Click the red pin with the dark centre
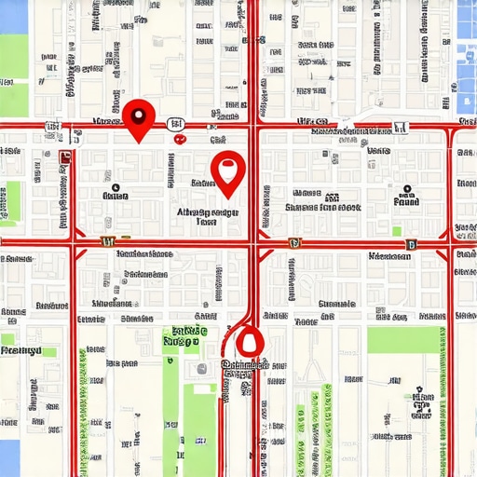point(139,116)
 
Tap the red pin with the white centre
point(227,170)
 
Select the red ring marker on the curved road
point(247,342)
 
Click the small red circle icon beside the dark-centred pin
point(178,138)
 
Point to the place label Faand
point(405,200)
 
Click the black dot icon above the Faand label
point(406,186)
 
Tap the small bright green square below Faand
point(397,231)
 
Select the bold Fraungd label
point(20,351)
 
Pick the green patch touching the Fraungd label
point(7,340)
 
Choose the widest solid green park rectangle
point(402,339)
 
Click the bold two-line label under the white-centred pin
point(207,217)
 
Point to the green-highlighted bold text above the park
point(184,335)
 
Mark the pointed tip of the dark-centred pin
point(139,142)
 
